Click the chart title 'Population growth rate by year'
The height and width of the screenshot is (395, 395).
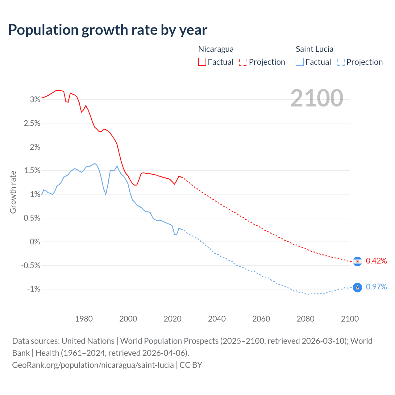coord(108,30)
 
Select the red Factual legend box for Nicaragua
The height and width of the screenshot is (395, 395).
coord(202,62)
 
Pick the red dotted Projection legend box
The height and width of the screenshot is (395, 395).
coord(243,62)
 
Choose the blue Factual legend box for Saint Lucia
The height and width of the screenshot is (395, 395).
coord(300,62)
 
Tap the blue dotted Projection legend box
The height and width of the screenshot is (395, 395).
coord(341,62)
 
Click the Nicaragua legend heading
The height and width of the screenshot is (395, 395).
coord(216,49)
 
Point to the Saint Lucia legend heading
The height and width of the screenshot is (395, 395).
coord(314,49)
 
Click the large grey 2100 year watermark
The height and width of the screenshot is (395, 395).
coord(317,98)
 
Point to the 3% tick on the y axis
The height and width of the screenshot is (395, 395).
coord(35,99)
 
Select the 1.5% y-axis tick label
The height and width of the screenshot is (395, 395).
coord(32,171)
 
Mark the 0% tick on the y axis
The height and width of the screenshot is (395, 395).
coord(35,242)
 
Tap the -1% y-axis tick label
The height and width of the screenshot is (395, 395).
coord(34,289)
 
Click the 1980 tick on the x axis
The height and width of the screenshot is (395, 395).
coord(84,319)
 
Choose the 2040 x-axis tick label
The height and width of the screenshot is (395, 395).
coord(217,319)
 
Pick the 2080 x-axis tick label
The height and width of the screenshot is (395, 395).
coord(306,319)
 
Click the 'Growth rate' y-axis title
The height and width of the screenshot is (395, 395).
coord(13,192)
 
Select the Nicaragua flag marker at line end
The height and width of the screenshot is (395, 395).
coord(357,261)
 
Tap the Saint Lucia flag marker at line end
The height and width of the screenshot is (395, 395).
coord(357,287)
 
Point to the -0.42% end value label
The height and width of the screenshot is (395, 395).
coord(375,261)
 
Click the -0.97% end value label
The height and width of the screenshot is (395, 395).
coord(375,287)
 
